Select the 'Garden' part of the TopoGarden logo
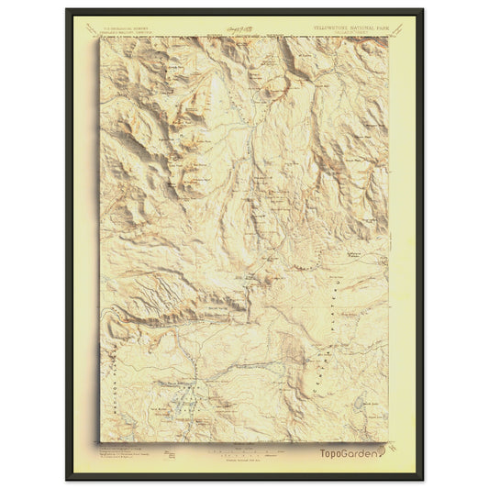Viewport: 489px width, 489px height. [361, 453]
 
